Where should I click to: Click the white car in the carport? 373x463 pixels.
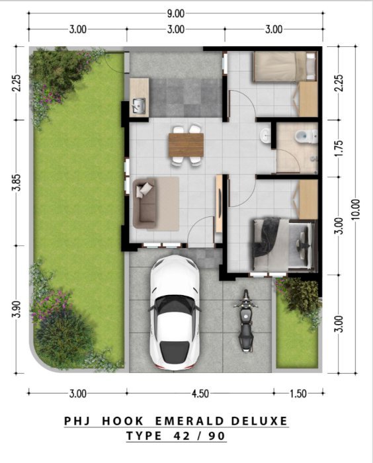[x=175, y=312]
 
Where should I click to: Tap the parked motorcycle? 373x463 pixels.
[x=246, y=321]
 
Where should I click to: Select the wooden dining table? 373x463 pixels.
[x=186, y=145]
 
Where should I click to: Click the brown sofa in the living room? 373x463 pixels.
[x=145, y=203]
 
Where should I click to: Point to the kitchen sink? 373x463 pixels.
[x=139, y=105]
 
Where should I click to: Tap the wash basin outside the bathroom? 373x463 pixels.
[x=265, y=136]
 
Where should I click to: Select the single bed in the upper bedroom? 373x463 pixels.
[x=285, y=66]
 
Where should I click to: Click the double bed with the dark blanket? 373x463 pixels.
[x=283, y=244]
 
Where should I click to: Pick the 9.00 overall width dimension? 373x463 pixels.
[x=176, y=14]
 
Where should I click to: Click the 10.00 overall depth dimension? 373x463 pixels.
[x=356, y=209]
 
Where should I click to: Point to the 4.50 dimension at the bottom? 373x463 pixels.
[x=200, y=394]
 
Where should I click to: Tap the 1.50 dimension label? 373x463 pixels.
[x=298, y=394]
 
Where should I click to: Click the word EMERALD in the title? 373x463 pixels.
[x=189, y=421]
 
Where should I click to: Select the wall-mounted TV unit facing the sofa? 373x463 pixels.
[x=219, y=204]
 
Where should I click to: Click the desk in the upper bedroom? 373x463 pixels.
[x=308, y=99]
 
